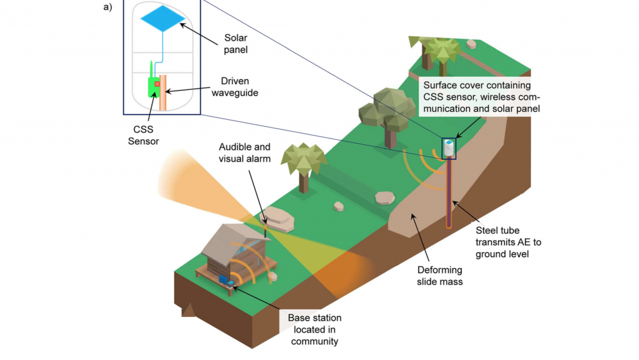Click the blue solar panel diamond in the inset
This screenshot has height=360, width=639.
(x=163, y=18)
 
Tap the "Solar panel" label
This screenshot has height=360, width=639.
(x=235, y=44)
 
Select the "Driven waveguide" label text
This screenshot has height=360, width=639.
(x=235, y=87)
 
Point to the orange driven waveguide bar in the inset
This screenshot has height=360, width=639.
(x=163, y=92)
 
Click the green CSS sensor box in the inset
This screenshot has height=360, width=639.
(x=154, y=87)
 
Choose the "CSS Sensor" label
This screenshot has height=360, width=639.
(x=143, y=135)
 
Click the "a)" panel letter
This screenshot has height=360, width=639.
(x=107, y=7)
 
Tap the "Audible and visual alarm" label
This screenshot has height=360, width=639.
(x=245, y=153)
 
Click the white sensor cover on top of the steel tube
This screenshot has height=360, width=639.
(x=449, y=148)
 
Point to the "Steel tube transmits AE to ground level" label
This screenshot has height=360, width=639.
(x=508, y=242)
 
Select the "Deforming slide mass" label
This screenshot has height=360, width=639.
(x=440, y=276)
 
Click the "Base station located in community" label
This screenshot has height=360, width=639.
(x=315, y=329)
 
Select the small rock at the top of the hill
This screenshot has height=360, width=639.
(x=472, y=44)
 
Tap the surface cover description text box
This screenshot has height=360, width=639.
(x=481, y=97)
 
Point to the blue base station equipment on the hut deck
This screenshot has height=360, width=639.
(x=223, y=280)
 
